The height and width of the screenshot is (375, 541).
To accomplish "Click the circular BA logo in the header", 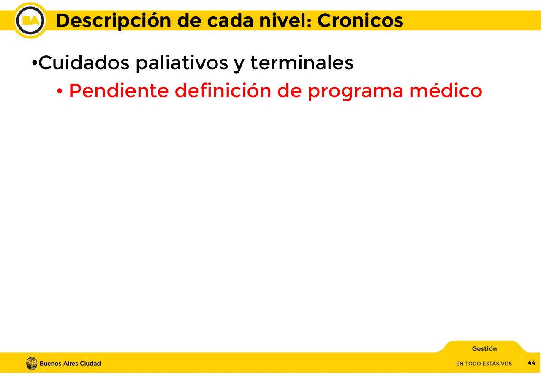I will [30, 20].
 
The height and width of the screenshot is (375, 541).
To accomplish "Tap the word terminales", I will [302, 63].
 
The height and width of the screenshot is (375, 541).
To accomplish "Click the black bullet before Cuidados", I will [34, 64].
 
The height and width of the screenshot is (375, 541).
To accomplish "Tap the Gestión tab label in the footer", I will [484, 349].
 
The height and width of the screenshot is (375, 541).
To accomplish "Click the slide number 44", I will [531, 363].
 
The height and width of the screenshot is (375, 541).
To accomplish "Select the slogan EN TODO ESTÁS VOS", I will [484, 364].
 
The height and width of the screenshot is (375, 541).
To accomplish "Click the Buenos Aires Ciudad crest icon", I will [32, 363].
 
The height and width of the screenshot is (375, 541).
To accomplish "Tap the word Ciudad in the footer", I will [90, 364].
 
